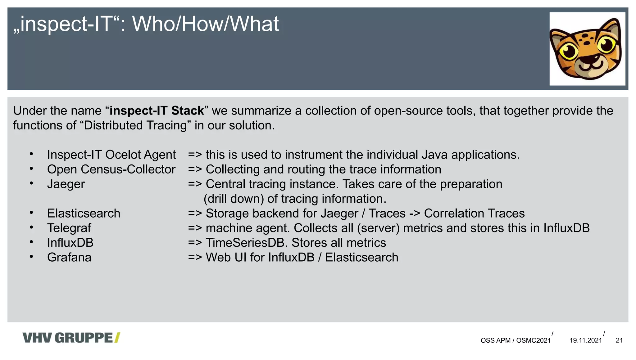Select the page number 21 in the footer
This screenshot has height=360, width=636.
tap(619, 340)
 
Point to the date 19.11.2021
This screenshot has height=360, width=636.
tap(586, 340)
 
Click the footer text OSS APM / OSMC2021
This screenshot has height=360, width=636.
tap(516, 340)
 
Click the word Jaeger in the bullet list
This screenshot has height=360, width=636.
tap(66, 184)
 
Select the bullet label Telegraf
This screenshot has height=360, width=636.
tap(69, 228)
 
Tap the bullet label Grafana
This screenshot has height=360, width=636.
tap(69, 258)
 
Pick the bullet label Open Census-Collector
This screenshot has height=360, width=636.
tap(111, 169)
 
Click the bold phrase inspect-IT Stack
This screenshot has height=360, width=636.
tap(157, 111)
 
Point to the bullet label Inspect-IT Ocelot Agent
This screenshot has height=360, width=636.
tap(111, 155)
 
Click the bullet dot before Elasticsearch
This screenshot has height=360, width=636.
tap(31, 213)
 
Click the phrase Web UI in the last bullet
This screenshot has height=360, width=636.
tap(226, 258)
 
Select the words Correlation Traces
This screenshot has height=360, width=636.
tap(474, 214)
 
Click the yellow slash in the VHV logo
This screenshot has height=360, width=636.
tap(117, 338)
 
